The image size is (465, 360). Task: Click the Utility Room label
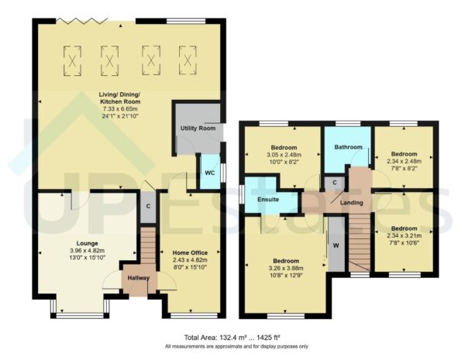(196, 128)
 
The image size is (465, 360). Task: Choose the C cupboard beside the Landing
(333, 183)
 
